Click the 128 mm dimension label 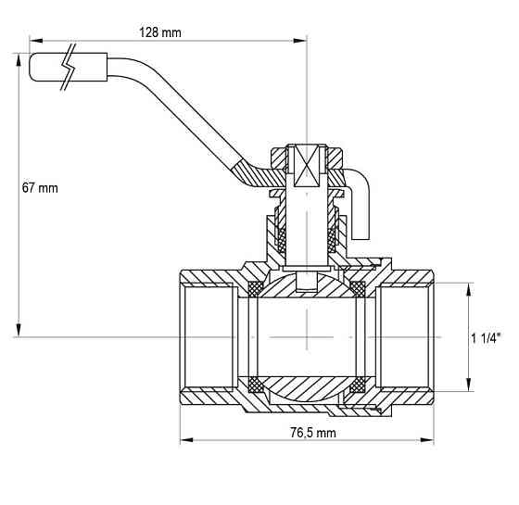coord(160,32)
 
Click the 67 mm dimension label coord(40,188)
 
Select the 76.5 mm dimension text coord(313,433)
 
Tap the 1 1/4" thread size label coord(486,338)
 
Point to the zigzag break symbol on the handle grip coord(69,67)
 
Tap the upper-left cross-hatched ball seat coord(256,288)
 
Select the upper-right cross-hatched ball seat coord(358,288)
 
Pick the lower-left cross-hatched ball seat coord(256,385)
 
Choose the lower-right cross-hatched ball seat coord(358,385)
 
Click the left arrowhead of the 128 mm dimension coord(36,41)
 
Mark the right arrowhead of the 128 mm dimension coord(300,41)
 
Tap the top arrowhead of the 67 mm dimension coord(19,60)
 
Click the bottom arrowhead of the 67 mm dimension coord(19,330)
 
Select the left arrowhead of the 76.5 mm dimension coord(186,440)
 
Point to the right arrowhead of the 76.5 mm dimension coord(427,440)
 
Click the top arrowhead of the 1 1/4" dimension coord(468,289)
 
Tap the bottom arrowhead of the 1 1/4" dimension coord(468,385)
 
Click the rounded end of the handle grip coord(32,67)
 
